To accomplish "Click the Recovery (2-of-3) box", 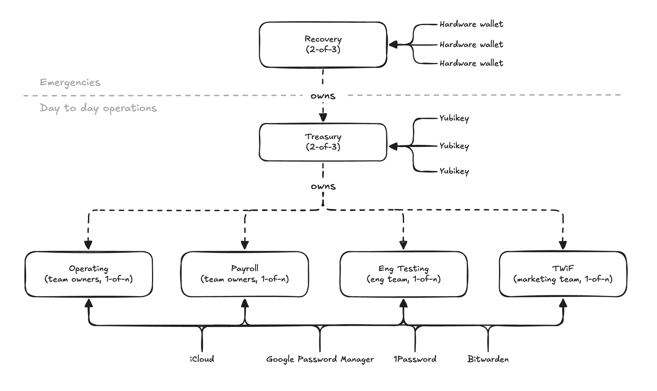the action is (x=323, y=45).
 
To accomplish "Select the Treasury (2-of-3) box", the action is (x=323, y=142).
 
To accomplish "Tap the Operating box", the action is (x=89, y=274).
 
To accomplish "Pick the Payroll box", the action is (x=245, y=274).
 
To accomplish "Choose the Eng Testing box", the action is (x=404, y=274).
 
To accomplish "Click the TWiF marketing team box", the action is (x=563, y=274).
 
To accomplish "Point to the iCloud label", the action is (x=202, y=359).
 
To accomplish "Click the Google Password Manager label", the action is (x=320, y=359).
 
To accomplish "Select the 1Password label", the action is (x=415, y=359).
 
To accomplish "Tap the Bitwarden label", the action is (x=488, y=359).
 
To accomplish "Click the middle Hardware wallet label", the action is (x=471, y=44).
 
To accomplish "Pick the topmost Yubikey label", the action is (x=454, y=118).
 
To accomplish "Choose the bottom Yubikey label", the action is (x=454, y=171).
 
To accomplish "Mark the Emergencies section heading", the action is (x=70, y=82).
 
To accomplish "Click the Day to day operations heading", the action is (x=99, y=108).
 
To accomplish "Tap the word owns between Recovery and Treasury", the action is (x=323, y=96).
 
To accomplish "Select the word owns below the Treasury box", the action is (x=323, y=187).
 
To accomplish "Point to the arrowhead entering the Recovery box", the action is (x=393, y=44).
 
